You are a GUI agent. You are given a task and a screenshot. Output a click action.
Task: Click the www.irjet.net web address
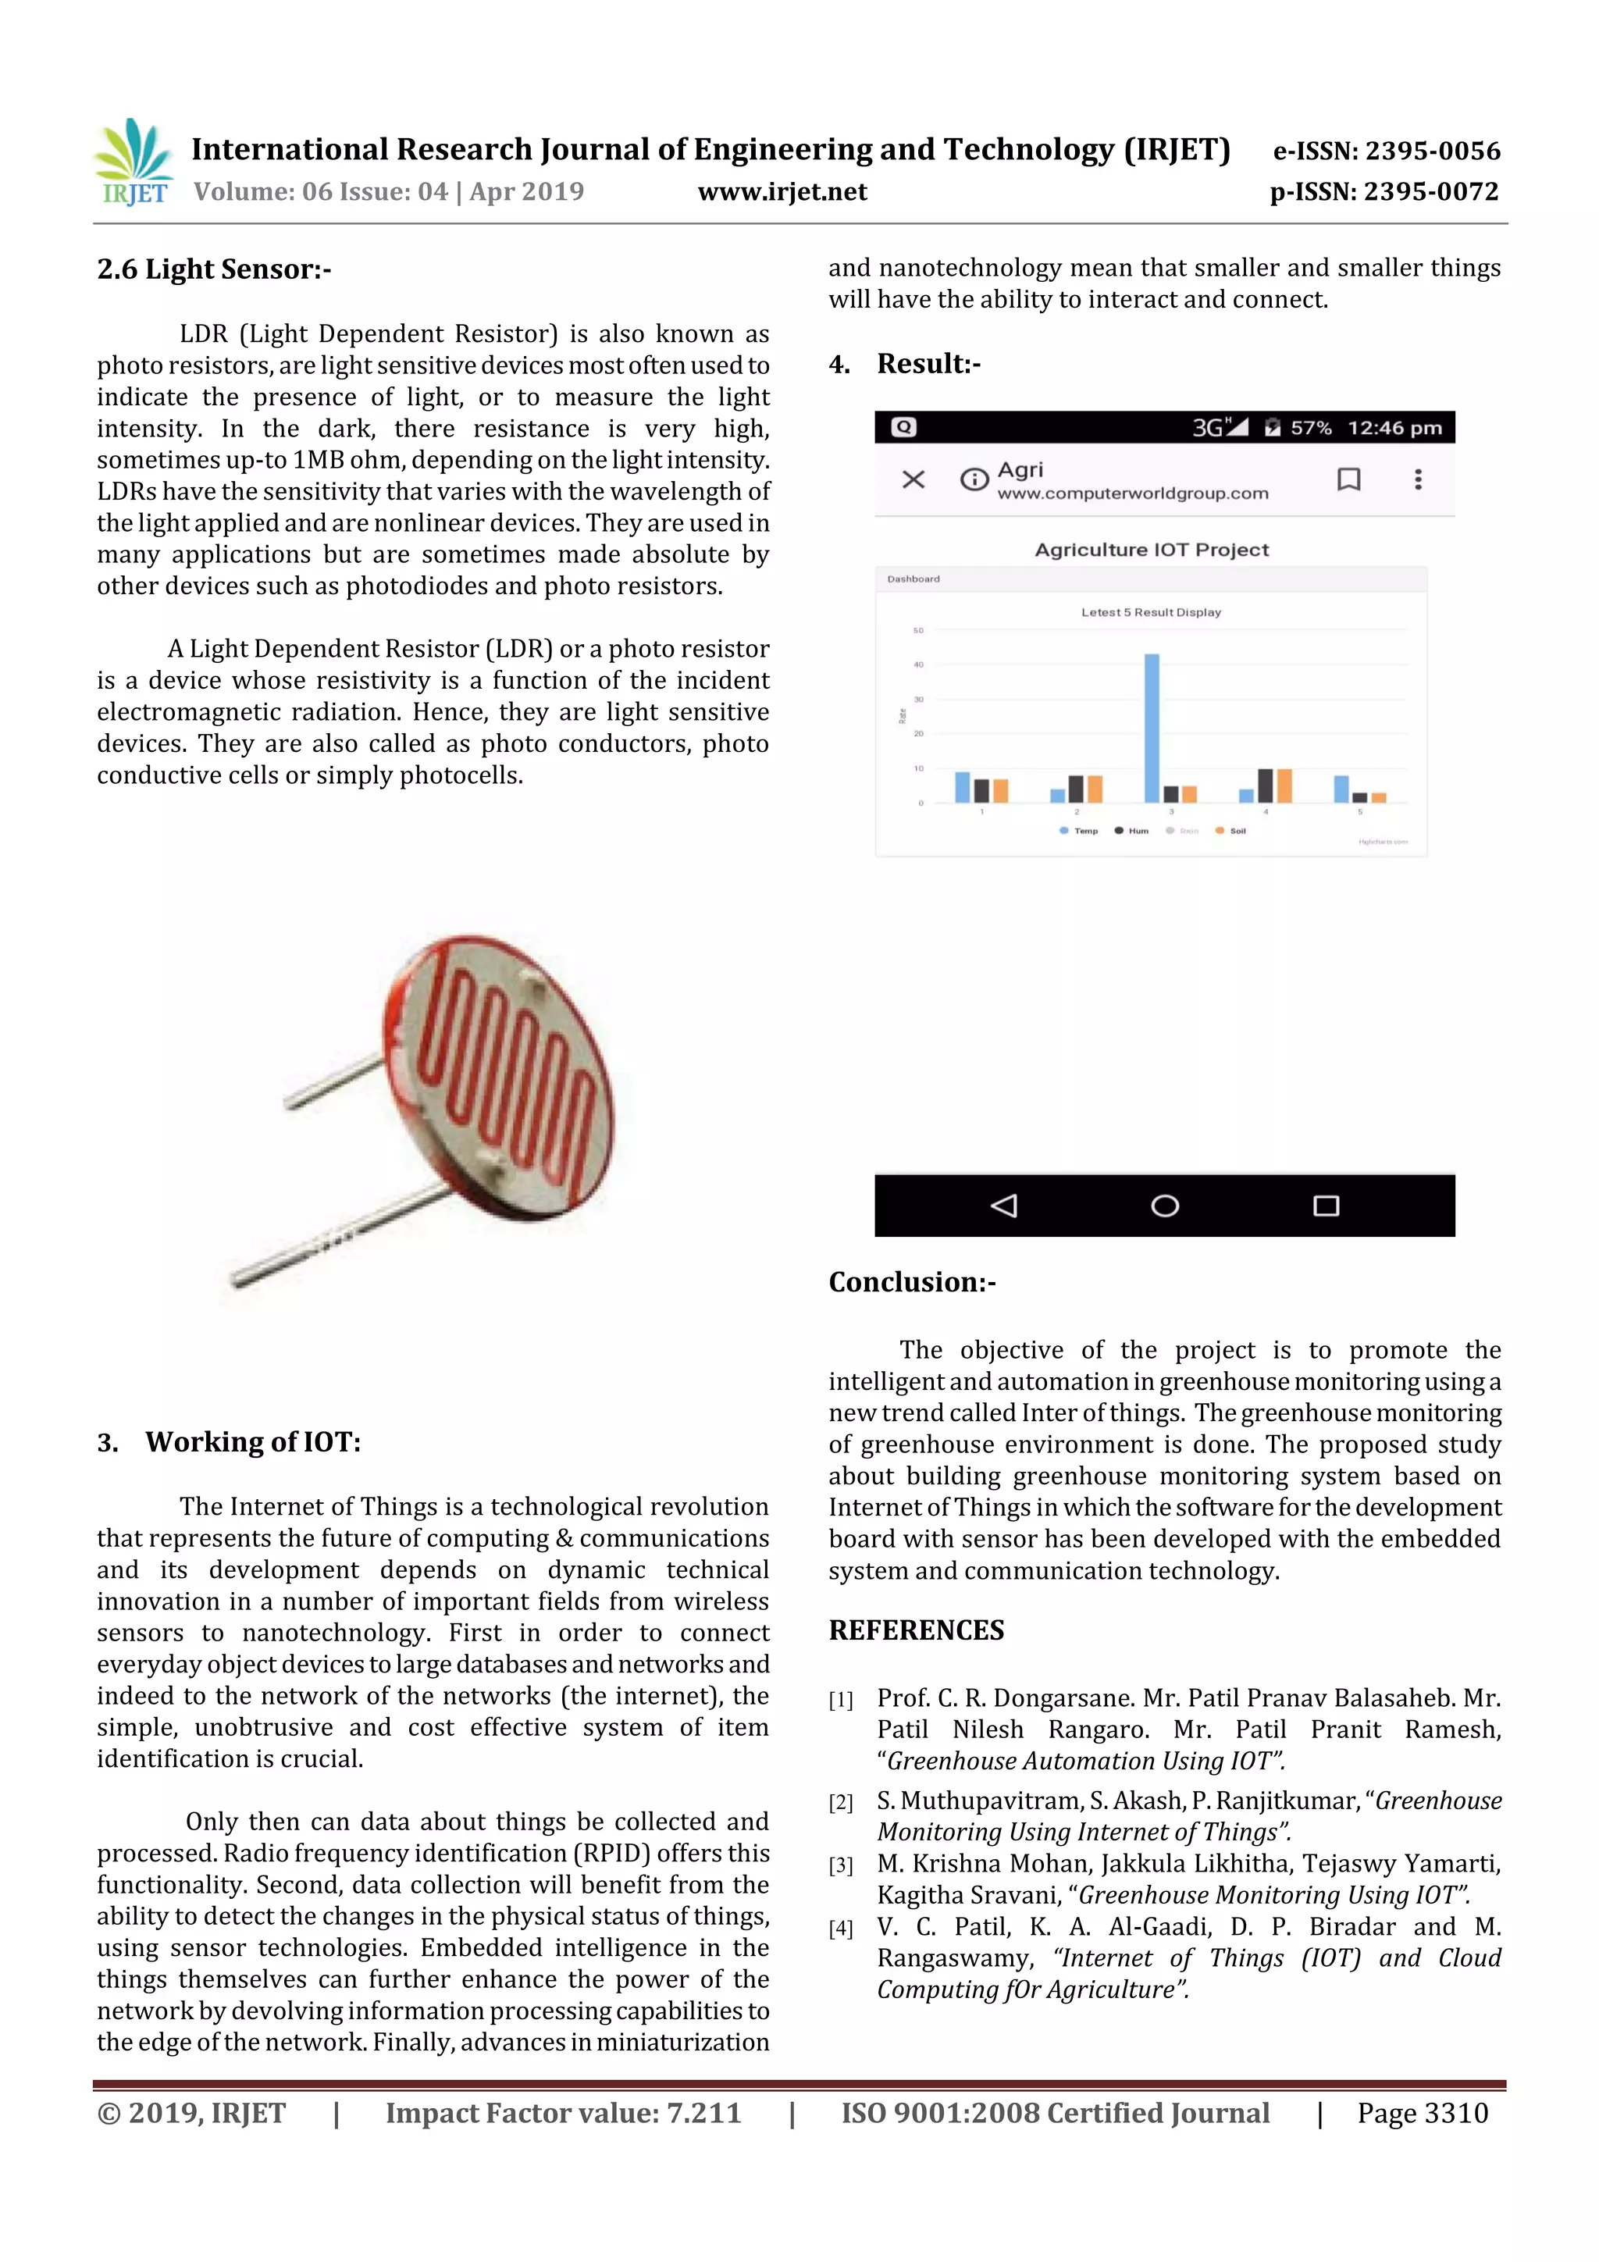(x=782, y=192)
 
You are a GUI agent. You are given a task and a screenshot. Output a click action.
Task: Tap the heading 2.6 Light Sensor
(x=214, y=269)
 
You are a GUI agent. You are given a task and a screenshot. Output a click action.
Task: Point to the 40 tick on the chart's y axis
(x=918, y=665)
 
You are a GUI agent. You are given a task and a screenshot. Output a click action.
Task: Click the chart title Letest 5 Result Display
(x=1151, y=612)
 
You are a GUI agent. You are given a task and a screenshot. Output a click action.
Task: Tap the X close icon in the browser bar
(x=913, y=479)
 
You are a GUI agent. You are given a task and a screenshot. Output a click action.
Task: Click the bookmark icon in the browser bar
(x=1348, y=479)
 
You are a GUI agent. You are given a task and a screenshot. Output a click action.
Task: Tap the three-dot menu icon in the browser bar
(x=1418, y=479)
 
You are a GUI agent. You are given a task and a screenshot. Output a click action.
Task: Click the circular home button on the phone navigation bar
(x=1165, y=1206)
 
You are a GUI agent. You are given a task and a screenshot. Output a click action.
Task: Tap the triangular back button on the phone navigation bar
(x=1004, y=1206)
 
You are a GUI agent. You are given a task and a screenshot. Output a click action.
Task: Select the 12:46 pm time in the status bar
(x=1394, y=428)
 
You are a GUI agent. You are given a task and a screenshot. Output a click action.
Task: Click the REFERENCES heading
(x=917, y=1630)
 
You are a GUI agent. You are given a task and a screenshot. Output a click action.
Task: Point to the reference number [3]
(x=840, y=1865)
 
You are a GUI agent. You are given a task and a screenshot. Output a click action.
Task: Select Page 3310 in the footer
(x=1422, y=2113)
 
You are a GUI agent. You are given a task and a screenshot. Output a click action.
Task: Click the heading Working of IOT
(x=252, y=1442)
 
